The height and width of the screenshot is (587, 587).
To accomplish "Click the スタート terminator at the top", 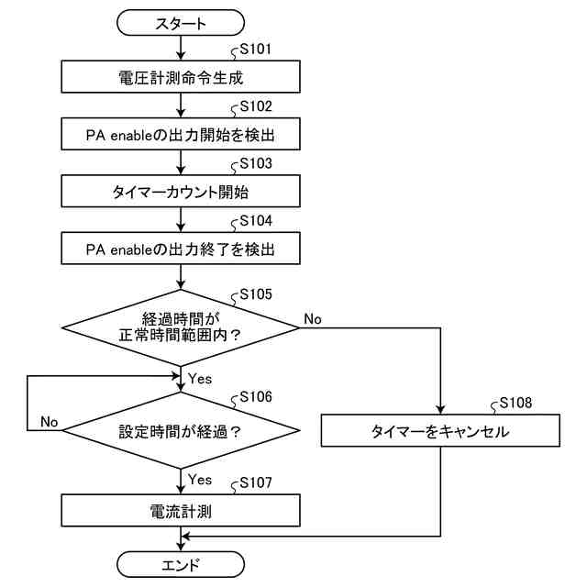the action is click(x=181, y=23).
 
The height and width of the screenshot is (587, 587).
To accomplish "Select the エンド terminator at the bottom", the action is click(x=181, y=564).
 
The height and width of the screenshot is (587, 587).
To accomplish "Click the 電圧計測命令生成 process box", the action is click(x=181, y=77).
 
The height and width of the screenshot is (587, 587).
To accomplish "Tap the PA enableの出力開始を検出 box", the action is click(x=181, y=134).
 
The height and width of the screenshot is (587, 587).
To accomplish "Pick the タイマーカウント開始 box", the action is click(x=181, y=192).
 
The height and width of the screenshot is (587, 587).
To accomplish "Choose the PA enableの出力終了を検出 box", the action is click(x=181, y=249).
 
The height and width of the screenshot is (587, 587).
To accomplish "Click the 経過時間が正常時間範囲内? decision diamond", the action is click(x=181, y=328).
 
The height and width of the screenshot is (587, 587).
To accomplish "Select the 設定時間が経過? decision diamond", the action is click(x=181, y=430).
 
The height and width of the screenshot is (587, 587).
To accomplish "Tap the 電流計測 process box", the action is click(x=181, y=510).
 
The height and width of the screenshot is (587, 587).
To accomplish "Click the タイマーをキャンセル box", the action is click(x=440, y=430).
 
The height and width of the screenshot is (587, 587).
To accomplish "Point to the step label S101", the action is click(x=256, y=49).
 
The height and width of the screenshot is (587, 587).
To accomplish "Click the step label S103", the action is click(x=256, y=163).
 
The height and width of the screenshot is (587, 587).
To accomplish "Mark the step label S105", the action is click(x=256, y=294).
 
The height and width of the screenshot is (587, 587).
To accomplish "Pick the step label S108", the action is click(x=515, y=403).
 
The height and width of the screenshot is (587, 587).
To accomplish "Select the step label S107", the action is click(x=256, y=482).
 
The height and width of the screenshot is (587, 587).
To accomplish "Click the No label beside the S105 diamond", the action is click(x=313, y=319).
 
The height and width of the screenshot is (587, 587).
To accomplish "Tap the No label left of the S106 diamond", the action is click(x=49, y=422).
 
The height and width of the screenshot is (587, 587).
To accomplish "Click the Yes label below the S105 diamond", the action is click(x=200, y=379).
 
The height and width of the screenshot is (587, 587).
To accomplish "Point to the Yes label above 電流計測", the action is click(x=200, y=480).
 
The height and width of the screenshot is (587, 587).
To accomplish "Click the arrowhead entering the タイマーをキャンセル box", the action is click(x=440, y=409).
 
